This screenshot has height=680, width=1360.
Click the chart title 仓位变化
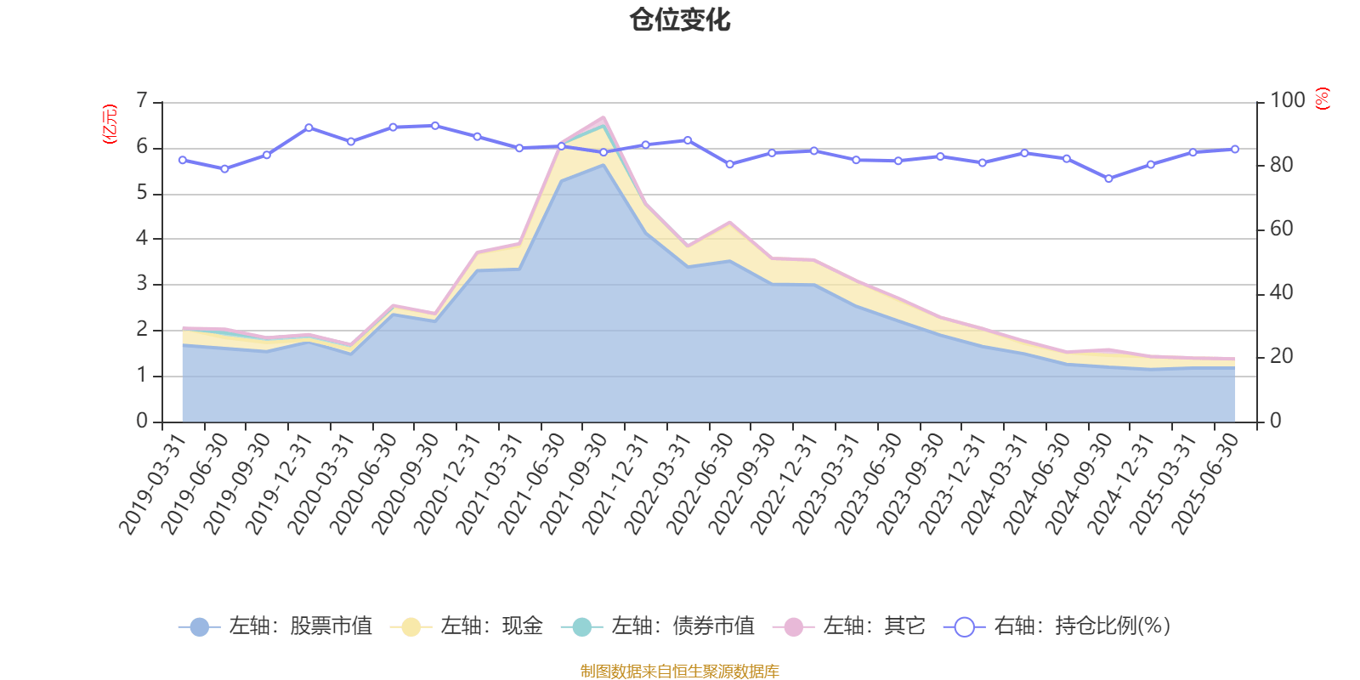pyautogui.click(x=680, y=20)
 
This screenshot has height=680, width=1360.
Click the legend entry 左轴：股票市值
pyautogui.click(x=275, y=626)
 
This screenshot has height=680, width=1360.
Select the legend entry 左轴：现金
pyautogui.click(x=467, y=626)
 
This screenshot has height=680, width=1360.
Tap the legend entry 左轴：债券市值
pyautogui.click(x=658, y=626)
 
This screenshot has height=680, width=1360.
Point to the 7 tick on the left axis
pyautogui.click(x=142, y=102)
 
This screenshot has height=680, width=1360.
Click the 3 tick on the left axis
pyautogui.click(x=142, y=284)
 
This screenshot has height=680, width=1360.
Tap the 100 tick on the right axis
pyautogui.click(x=1287, y=100)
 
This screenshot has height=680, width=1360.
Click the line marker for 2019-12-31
pyautogui.click(x=309, y=127)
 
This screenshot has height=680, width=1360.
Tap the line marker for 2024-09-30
pyautogui.click(x=1108, y=178)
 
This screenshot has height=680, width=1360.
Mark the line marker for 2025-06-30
pyautogui.click(x=1235, y=149)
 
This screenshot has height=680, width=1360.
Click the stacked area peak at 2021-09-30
pyautogui.click(x=603, y=118)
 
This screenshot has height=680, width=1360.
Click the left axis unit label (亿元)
pyautogui.click(x=109, y=124)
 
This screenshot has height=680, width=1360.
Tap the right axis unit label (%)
pyautogui.click(x=1322, y=99)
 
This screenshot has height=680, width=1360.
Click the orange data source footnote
pyautogui.click(x=679, y=671)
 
